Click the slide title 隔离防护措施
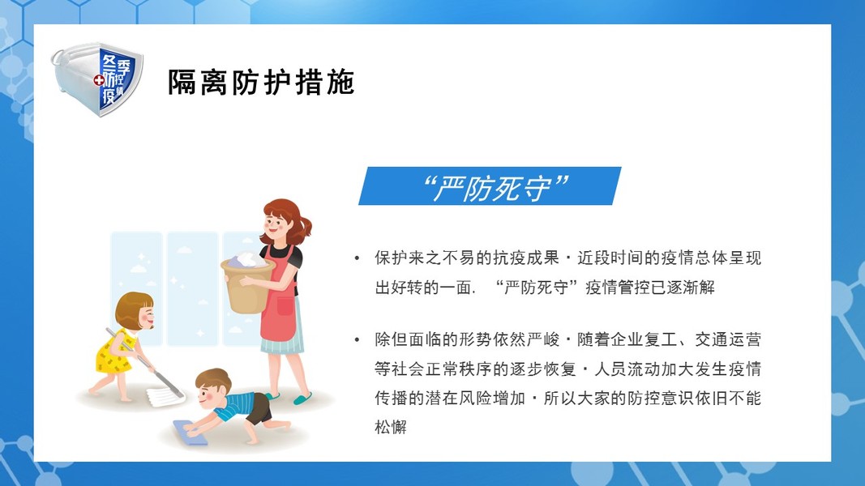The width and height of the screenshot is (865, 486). [x=260, y=83]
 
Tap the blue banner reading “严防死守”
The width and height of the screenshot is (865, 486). [x=490, y=186]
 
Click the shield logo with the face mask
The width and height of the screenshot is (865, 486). [x=97, y=79]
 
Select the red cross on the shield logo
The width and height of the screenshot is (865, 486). [x=99, y=81]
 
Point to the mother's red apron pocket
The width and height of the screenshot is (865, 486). [x=285, y=306]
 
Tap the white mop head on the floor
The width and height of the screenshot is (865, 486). [x=165, y=396]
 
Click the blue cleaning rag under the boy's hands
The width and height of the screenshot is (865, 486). [x=190, y=432]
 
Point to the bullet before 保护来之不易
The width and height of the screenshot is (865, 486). [x=357, y=258]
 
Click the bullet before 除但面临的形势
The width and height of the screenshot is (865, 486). [x=357, y=339]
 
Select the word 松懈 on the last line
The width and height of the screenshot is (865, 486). [x=391, y=427]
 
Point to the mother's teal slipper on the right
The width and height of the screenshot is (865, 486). [x=302, y=398]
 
